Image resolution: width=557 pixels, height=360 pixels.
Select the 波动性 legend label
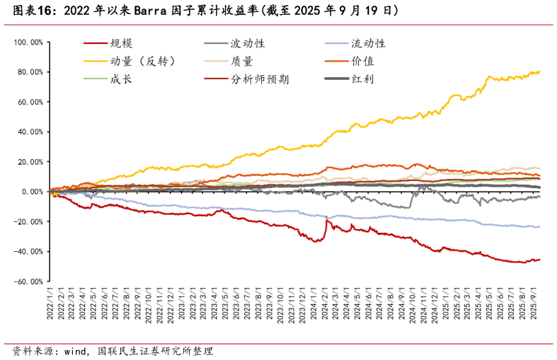coord(248,43)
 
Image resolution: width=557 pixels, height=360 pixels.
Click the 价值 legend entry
coord(363,61)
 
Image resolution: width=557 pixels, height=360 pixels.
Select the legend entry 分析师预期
coord(260,79)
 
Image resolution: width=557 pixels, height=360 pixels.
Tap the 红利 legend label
coord(363,79)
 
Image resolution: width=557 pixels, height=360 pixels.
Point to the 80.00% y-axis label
coord(30,72)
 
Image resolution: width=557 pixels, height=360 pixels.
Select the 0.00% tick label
coord(33,192)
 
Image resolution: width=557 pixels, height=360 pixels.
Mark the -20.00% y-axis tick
coord(29,221)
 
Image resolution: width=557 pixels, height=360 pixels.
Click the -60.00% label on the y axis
coord(29,281)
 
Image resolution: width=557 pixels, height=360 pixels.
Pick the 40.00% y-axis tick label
coord(30,132)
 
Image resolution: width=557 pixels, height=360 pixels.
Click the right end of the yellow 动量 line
coord(540,71)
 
